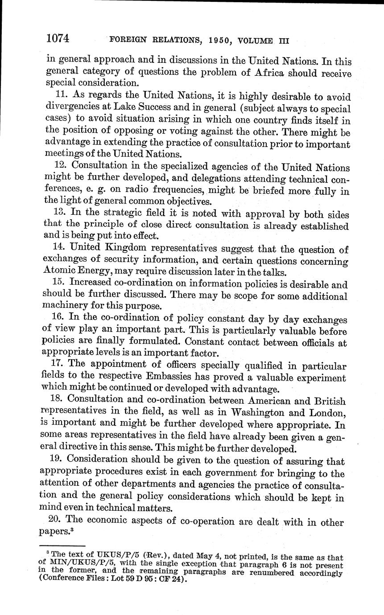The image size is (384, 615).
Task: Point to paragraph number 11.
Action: [x=64, y=96]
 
